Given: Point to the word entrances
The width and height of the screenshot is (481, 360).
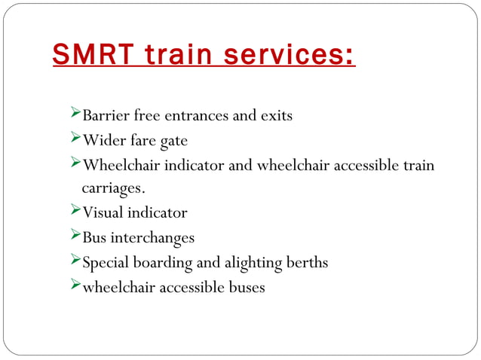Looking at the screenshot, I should pyautogui.click(x=194, y=116).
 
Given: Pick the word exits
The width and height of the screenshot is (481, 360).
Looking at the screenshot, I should pyautogui.click(x=276, y=116).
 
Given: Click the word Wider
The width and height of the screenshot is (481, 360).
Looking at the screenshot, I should pyautogui.click(x=103, y=141).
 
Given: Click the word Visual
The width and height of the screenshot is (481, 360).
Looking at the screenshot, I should pyautogui.click(x=103, y=213).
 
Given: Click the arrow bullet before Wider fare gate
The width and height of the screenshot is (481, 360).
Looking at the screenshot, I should pyautogui.click(x=73, y=139).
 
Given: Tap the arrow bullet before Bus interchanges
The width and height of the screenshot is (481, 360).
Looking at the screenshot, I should pyautogui.click(x=73, y=236).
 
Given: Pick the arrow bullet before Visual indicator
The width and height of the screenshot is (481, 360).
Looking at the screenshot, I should pyautogui.click(x=73, y=212).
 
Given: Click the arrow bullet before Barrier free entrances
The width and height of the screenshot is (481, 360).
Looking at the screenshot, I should pyautogui.click(x=73, y=114).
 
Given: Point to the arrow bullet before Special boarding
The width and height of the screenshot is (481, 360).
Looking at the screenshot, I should pyautogui.click(x=73, y=261).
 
